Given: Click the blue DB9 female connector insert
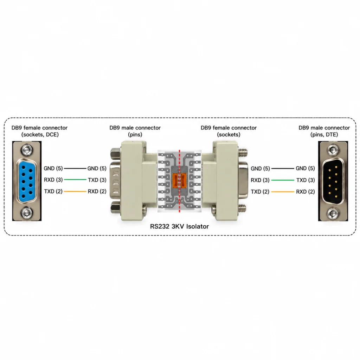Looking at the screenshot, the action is [27, 181].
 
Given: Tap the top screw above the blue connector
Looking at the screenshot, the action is [27, 150].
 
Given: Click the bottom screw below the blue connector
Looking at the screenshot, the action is [27, 213].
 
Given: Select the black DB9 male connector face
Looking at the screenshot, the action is [333, 181].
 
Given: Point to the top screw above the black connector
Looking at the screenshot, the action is [333, 150].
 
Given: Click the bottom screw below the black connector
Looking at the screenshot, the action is [333, 213].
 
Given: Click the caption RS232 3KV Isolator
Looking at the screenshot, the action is [179, 226].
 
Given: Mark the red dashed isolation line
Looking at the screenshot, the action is [180, 181].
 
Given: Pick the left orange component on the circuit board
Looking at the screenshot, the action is [175, 181].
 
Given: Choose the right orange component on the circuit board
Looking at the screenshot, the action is [184, 181].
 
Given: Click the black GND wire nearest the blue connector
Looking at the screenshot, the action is [75, 168].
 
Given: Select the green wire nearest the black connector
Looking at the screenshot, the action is [283, 180].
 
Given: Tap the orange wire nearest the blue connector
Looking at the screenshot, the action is [75, 191].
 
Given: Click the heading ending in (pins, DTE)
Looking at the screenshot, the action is [324, 131].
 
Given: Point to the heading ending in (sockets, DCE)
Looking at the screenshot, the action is [39, 131].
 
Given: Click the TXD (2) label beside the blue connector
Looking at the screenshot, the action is [53, 191].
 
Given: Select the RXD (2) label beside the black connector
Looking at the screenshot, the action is [306, 192].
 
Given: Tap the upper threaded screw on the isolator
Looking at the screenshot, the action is [243, 152].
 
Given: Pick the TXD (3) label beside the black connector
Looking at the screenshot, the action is [306, 180].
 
